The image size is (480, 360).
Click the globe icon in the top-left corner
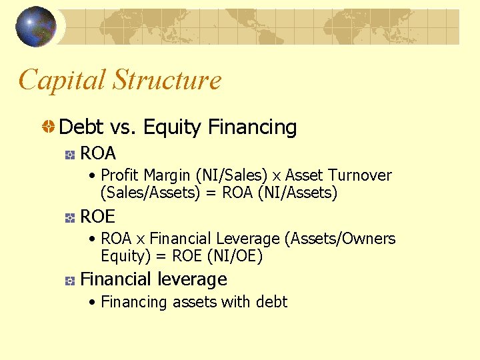(35, 27)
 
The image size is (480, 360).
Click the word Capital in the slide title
(62, 80)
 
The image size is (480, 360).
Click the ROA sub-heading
(98, 154)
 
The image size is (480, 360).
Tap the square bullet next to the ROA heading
(69, 155)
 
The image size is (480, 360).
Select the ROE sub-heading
(97, 217)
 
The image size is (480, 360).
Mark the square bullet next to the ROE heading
(69, 217)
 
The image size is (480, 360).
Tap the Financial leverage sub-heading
(153, 279)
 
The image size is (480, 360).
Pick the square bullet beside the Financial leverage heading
(69, 280)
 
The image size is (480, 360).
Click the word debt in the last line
(271, 302)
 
